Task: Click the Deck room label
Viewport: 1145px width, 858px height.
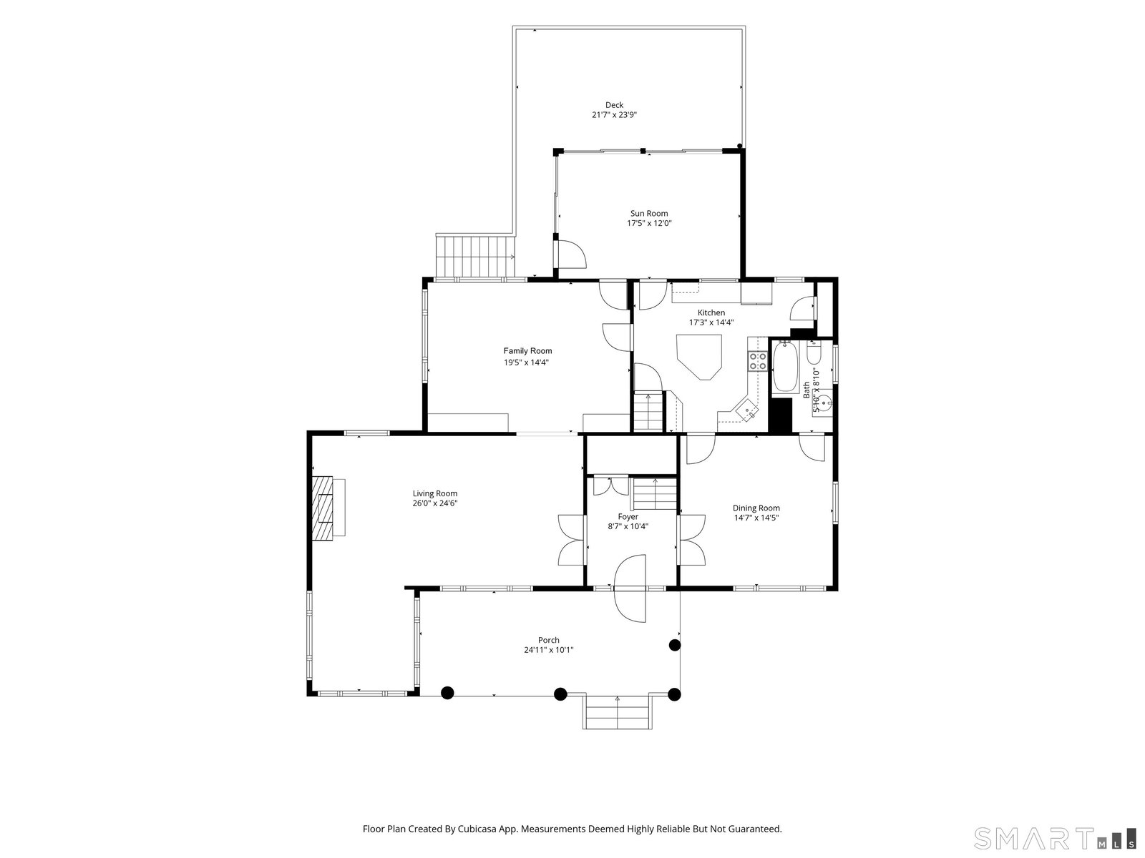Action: tap(614, 105)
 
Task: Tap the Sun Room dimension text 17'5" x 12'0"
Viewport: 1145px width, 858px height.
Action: tap(649, 224)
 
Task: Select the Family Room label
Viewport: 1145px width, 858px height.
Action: tap(527, 351)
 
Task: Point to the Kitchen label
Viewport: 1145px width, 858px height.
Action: tap(711, 312)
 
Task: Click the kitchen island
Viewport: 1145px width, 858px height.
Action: tap(699, 357)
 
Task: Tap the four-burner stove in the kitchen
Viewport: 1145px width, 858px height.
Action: tap(757, 361)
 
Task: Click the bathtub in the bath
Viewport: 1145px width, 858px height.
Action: tap(785, 367)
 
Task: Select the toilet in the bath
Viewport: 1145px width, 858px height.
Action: tap(814, 352)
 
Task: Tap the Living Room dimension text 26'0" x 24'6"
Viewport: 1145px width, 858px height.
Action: tap(434, 503)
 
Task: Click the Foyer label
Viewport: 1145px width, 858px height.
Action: tap(628, 517)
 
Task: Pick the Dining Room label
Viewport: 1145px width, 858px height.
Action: tap(756, 508)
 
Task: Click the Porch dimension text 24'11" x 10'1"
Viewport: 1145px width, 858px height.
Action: tap(548, 650)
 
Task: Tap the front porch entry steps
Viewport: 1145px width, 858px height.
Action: tap(617, 712)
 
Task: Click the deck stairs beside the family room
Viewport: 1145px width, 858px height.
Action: tap(475, 255)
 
